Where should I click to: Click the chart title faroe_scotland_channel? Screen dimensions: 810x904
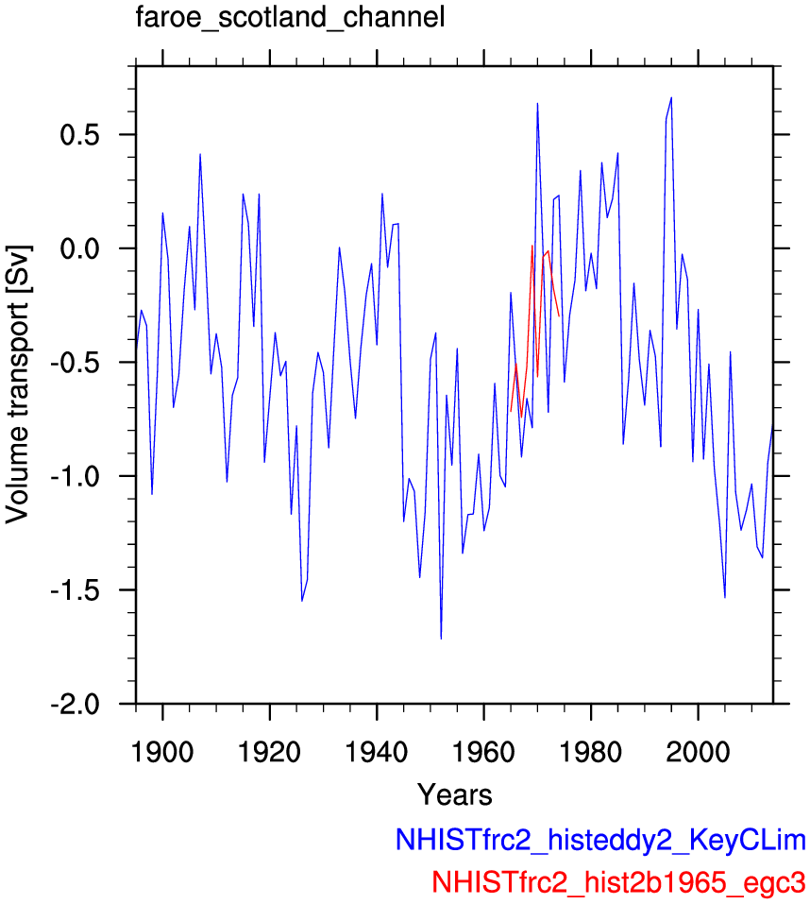(x=291, y=17)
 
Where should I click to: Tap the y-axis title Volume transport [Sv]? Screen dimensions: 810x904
(x=19, y=384)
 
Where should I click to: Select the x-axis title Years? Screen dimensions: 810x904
(x=454, y=795)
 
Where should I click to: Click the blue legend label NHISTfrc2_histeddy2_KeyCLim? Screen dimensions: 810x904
(x=600, y=841)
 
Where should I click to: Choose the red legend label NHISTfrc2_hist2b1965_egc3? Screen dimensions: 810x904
(x=618, y=882)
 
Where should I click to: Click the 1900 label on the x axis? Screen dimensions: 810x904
(x=162, y=752)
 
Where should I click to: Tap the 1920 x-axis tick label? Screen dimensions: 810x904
(x=270, y=752)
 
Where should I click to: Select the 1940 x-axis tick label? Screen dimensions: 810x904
(x=377, y=752)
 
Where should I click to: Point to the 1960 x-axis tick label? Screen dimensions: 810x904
(x=484, y=752)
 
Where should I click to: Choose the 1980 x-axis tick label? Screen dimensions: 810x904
(x=591, y=752)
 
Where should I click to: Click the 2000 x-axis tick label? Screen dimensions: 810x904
(x=699, y=752)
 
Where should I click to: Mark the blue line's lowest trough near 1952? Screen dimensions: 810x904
(x=441, y=639)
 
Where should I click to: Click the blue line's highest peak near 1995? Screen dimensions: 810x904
(x=671, y=97)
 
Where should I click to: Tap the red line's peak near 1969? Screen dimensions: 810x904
(x=532, y=246)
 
